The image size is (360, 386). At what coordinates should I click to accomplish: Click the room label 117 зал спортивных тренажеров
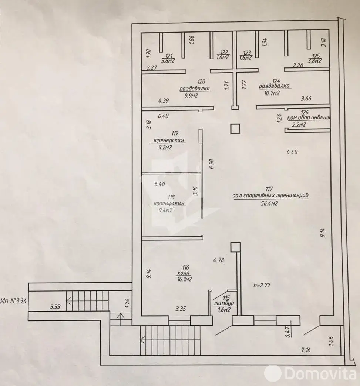270,196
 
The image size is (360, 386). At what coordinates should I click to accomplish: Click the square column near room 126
235,129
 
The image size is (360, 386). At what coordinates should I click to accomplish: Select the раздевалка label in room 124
274,86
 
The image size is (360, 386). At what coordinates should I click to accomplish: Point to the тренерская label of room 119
169,140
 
